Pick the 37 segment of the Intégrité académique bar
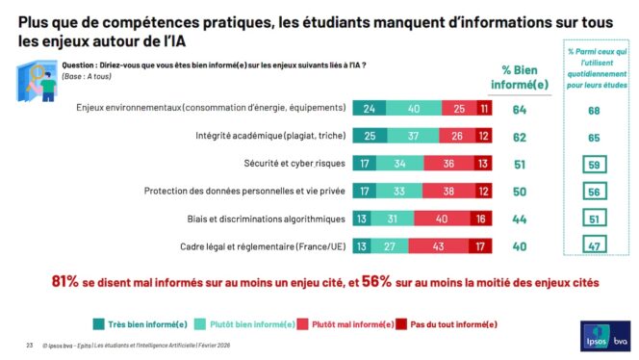tap(414, 137)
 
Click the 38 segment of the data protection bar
tap(450, 191)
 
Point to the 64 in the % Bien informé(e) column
tap(520, 110)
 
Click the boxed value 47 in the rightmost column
tap(593, 244)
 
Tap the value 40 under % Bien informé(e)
tap(520, 244)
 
